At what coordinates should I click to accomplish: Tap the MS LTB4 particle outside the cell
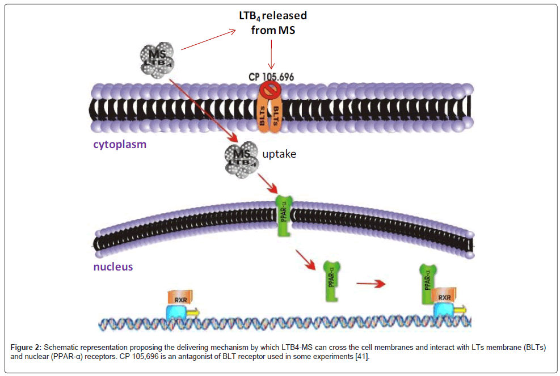point(157,56)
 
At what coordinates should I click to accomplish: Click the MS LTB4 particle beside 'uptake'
point(241,159)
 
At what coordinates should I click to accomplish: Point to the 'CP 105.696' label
point(272,77)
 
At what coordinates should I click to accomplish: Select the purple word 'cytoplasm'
point(120,144)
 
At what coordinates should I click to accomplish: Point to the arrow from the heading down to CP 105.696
point(272,55)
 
